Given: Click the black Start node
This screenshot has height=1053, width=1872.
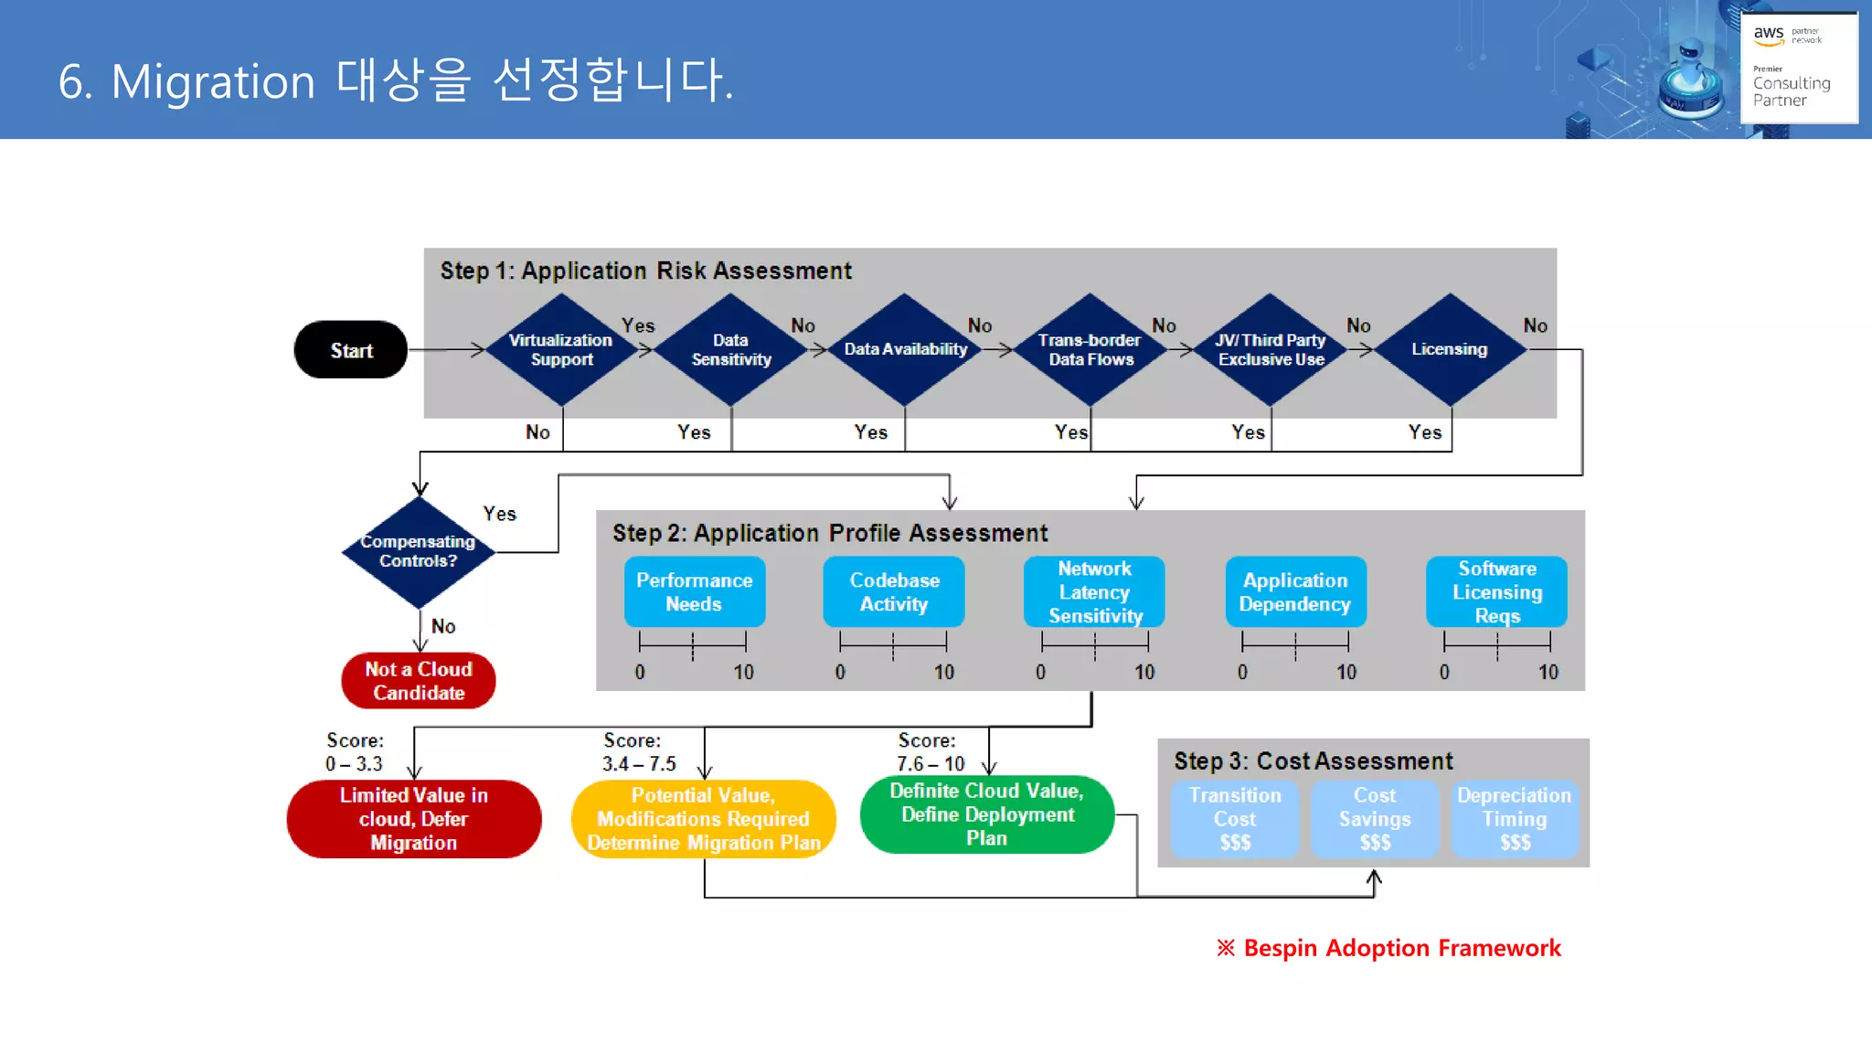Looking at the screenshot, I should pyautogui.click(x=351, y=350).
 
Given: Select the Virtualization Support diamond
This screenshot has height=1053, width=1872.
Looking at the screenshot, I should pyautogui.click(x=561, y=350).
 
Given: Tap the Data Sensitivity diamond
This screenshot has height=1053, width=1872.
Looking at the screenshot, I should pyautogui.click(x=730, y=350).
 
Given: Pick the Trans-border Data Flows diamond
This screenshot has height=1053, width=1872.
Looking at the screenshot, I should pyautogui.click(x=1090, y=350).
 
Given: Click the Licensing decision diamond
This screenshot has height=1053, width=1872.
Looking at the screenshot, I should pyautogui.click(x=1450, y=349).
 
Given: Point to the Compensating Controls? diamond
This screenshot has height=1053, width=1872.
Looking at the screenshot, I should pyautogui.click(x=419, y=551).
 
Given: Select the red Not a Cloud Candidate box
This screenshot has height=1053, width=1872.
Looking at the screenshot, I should pyautogui.click(x=419, y=681).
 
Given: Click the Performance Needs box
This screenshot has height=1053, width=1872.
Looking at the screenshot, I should pyautogui.click(x=695, y=592).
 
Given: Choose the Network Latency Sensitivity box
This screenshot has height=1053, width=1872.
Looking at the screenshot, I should pyautogui.click(x=1094, y=592).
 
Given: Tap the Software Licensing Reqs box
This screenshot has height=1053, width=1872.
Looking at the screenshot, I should pyautogui.click(x=1496, y=592).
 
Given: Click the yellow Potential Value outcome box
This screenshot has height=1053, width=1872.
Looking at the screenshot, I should pyautogui.click(x=704, y=819).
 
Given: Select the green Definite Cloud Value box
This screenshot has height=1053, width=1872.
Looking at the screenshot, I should pyautogui.click(x=987, y=814).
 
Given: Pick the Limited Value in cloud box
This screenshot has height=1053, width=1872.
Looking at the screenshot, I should pyautogui.click(x=414, y=819).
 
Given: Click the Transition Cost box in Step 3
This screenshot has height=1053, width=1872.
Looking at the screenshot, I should pyautogui.click(x=1235, y=819).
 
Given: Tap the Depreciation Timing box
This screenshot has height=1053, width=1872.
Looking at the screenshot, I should pyautogui.click(x=1514, y=819).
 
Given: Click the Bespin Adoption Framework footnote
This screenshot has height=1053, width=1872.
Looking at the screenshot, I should pyautogui.click(x=1389, y=948).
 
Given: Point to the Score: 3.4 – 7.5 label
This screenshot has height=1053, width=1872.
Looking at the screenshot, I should pyautogui.click(x=638, y=752).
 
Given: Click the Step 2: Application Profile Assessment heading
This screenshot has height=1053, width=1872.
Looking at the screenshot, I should pyautogui.click(x=829, y=533).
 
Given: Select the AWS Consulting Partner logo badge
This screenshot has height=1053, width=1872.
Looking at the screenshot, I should pyautogui.click(x=1798, y=67).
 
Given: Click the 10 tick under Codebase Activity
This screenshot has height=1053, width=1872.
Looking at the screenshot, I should pyautogui.click(x=944, y=672).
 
